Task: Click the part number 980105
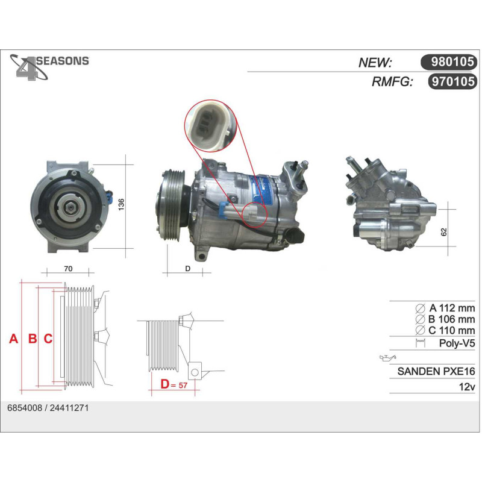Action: click(x=452, y=62)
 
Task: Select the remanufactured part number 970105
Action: click(x=453, y=81)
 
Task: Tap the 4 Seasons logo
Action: click(x=49, y=67)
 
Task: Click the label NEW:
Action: click(x=375, y=63)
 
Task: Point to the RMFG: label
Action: click(x=392, y=82)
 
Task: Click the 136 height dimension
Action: click(x=121, y=204)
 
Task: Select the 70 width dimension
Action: click(x=68, y=269)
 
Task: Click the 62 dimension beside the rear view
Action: click(x=443, y=232)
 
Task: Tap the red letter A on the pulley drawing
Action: click(x=13, y=339)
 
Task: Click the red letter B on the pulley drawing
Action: click(x=33, y=339)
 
